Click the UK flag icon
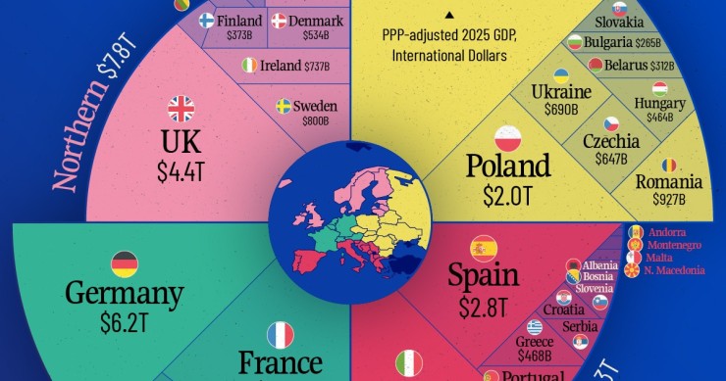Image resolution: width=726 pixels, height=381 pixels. (x=181, y=108)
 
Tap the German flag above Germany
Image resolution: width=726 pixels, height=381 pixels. (x=125, y=263)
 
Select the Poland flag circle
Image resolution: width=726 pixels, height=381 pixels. (x=507, y=136)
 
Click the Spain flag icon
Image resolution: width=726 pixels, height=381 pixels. (x=484, y=247)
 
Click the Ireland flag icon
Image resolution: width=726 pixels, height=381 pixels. (x=250, y=66)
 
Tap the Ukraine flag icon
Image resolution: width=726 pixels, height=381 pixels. (x=561, y=74)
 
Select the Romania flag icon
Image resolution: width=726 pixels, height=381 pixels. (x=669, y=164)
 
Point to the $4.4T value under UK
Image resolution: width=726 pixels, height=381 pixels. (x=181, y=170)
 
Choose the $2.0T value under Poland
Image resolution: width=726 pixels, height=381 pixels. (x=506, y=194)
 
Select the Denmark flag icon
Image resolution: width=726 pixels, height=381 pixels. (x=279, y=21)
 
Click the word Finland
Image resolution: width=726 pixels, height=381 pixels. (x=240, y=21)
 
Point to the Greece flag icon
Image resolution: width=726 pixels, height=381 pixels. (x=534, y=327)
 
